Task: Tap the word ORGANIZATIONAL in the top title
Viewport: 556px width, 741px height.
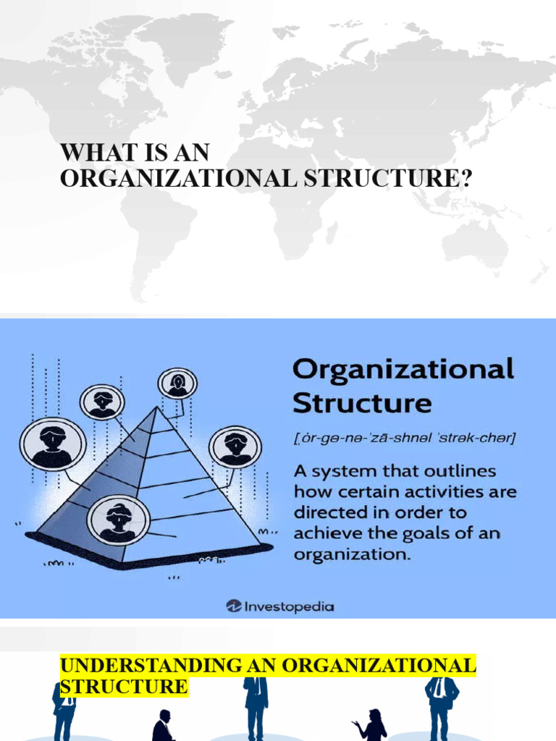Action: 178,177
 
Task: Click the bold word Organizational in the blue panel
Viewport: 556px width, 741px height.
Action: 403,370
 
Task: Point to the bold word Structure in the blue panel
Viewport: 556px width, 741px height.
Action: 362,402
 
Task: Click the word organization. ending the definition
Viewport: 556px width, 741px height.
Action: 353,555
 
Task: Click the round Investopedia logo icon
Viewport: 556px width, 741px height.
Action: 234,606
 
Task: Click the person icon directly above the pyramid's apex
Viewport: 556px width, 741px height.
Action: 177,384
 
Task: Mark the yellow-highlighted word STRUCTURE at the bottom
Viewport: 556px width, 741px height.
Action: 124,686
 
